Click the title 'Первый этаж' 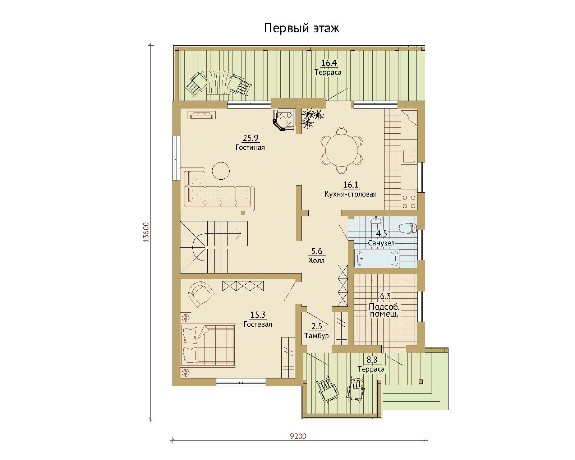click(x=302, y=28)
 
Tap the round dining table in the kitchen click(x=341, y=150)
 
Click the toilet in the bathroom click(x=408, y=228)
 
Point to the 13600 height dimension click(x=146, y=232)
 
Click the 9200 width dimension click(x=298, y=436)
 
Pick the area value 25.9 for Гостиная click(x=250, y=138)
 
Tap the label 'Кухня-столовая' click(x=350, y=194)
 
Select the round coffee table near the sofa click(x=221, y=171)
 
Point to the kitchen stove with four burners click(x=409, y=202)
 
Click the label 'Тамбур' click(x=317, y=336)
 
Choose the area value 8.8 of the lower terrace click(x=372, y=360)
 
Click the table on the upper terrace click(x=218, y=82)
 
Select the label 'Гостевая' click(x=258, y=324)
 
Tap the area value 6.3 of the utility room click(x=385, y=296)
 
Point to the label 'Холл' click(x=317, y=261)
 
